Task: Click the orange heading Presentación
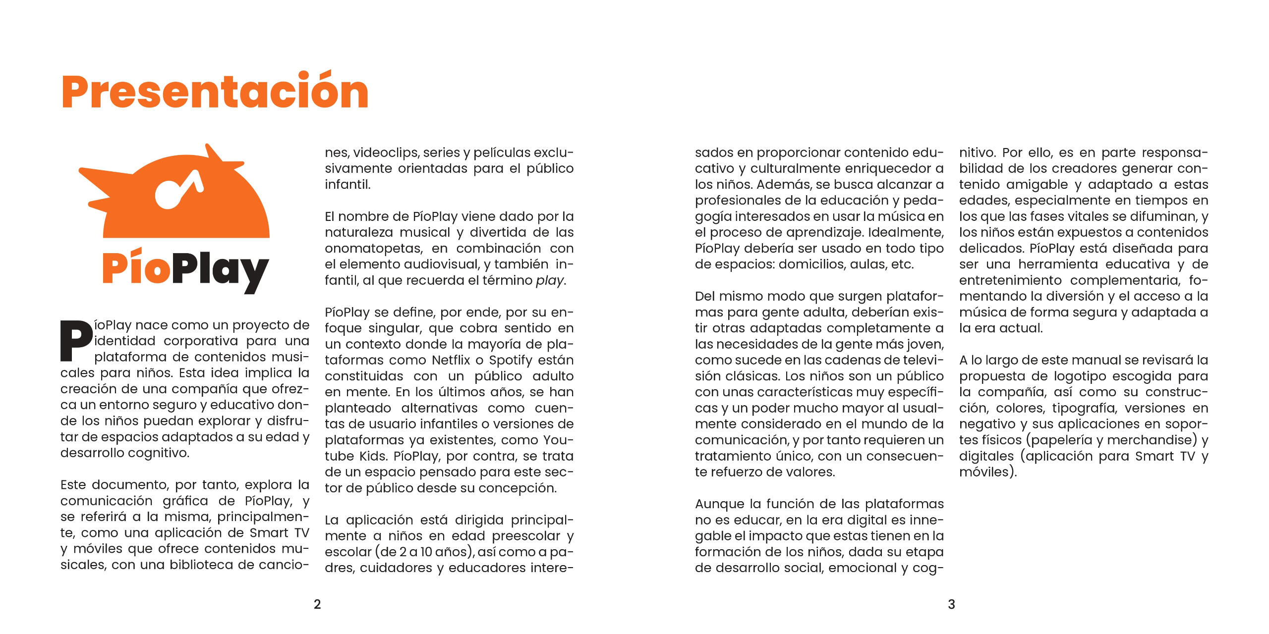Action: (x=215, y=92)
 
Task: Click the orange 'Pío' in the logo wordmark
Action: (x=136, y=267)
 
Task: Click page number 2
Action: (x=317, y=604)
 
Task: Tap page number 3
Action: (x=951, y=604)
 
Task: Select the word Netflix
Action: (x=451, y=360)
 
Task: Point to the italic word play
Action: (x=549, y=281)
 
